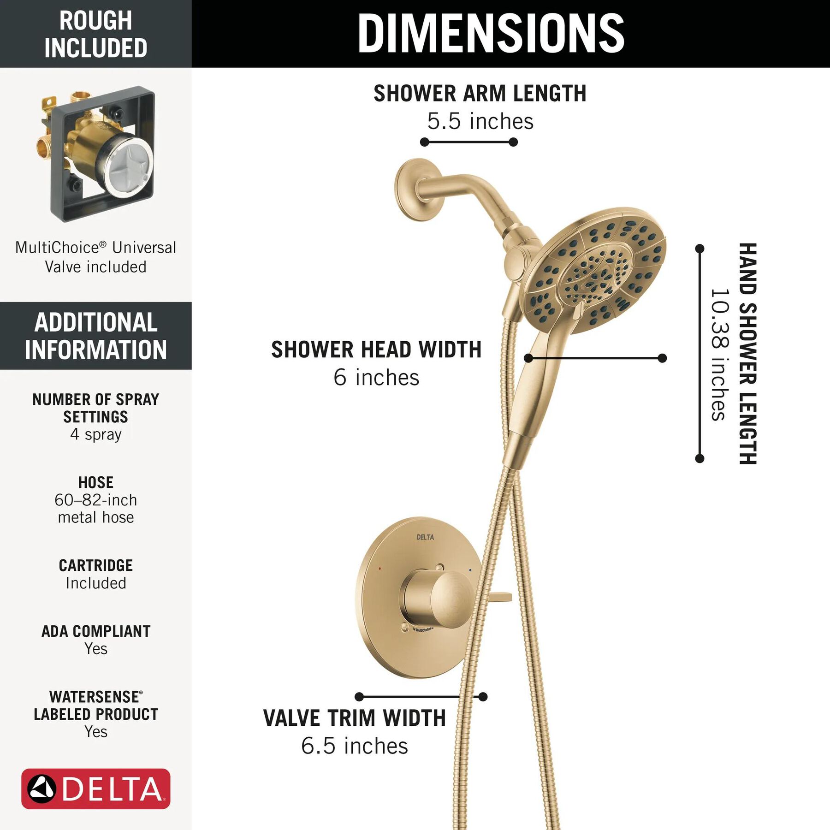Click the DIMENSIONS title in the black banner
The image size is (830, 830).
491,33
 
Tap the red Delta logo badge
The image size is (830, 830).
96,788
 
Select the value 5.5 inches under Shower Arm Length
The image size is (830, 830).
480,121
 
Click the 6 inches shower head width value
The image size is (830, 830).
376,377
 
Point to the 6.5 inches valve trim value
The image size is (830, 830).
355,746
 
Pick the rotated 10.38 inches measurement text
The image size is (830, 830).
720,354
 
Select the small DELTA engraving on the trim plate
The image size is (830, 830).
425,537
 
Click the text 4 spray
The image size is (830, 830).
96,434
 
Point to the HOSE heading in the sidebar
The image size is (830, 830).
96,482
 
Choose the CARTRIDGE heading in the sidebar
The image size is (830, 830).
96,565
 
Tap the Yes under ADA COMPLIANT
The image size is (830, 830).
96,649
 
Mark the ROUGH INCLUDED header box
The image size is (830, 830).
96,34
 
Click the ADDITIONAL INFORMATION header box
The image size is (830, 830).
96,336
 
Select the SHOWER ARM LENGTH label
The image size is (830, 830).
480,93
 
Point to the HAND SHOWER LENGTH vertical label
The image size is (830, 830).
748,353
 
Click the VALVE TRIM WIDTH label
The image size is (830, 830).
355,718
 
